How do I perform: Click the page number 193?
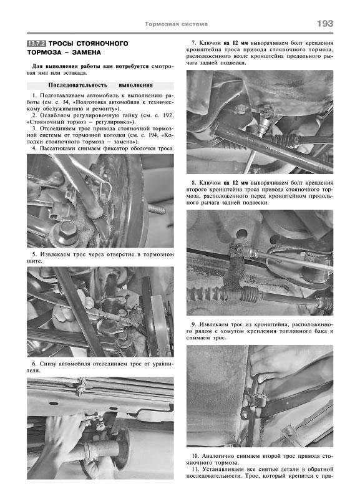[x=325, y=24]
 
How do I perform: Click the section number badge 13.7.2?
[x=37, y=44]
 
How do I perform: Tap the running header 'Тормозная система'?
[x=177, y=24]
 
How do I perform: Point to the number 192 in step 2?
[x=168, y=115]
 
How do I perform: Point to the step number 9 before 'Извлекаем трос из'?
[x=194, y=324]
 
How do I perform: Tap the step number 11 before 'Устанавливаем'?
[x=195, y=470]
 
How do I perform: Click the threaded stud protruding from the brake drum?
[x=157, y=210]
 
